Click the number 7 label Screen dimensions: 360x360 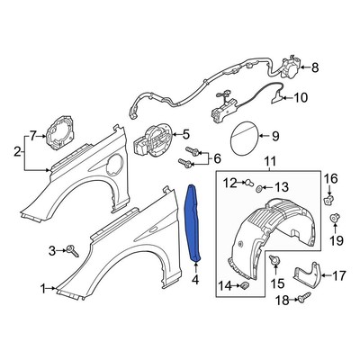32,136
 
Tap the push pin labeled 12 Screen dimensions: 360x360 246,184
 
